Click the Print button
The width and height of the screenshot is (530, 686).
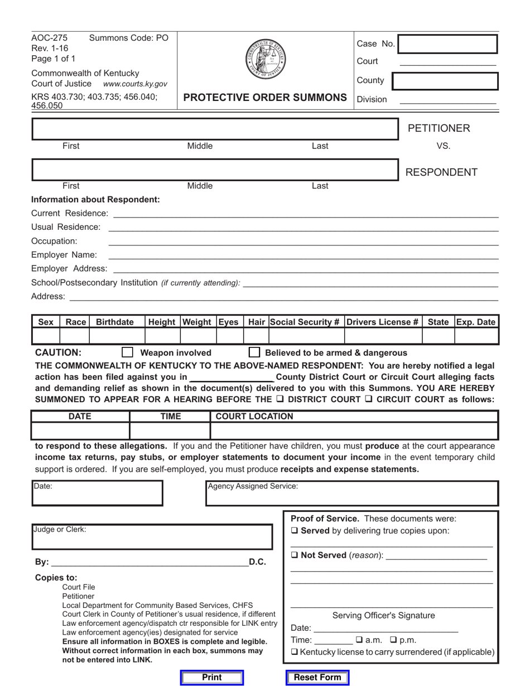pos(212,677)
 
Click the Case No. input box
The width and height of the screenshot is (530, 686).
pos(447,44)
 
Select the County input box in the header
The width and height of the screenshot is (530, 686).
pos(445,81)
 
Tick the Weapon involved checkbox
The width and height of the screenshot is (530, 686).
pos(128,352)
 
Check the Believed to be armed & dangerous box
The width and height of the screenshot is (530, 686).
pos(254,352)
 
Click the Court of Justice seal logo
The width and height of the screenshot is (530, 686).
pos(265,59)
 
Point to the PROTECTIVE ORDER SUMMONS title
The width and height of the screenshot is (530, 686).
pos(265,98)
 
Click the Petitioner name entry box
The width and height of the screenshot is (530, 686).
pos(215,129)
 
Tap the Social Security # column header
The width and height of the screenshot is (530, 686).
pos(306,322)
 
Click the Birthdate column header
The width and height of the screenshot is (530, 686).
pos(115,322)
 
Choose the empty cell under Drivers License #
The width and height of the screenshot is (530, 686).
pos(383,336)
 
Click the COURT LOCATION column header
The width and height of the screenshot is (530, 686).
pos(254,417)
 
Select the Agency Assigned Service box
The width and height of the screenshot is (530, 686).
pos(352,494)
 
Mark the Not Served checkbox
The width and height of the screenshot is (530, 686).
pos(295,555)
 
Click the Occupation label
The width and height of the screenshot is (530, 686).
pos(54,241)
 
